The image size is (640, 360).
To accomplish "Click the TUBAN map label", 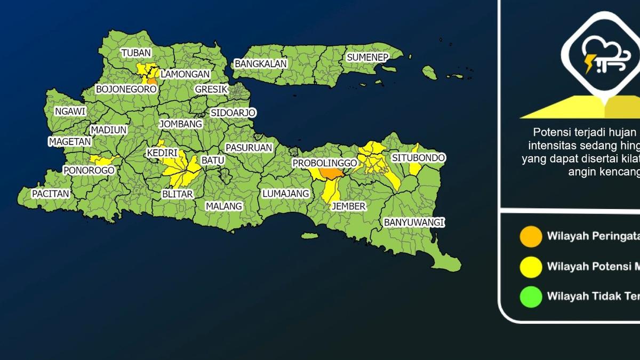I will pos(136,53).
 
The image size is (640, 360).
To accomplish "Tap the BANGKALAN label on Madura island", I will pos(261,64).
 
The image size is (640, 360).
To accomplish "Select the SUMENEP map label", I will pos(367,57).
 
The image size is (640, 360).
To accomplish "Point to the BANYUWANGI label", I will pos(414,222).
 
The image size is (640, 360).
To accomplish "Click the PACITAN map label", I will pos(51,194).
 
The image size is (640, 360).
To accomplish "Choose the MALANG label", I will pos(224,206).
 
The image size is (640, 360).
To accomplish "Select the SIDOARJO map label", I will pos(233,113).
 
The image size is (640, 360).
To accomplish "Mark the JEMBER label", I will pos(348,206).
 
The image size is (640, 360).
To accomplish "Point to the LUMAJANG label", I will pos(286,194).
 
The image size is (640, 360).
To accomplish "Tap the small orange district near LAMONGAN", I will pos(151,81).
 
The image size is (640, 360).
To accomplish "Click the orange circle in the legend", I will pos(531,236).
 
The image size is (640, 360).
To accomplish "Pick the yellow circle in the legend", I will pos(531,267).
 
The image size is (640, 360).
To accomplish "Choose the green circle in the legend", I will pos(531,297).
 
